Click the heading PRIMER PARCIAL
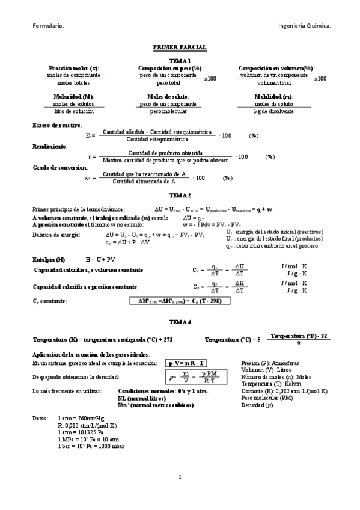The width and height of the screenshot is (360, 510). point(180,46)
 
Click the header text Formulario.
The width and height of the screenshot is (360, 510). point(49,26)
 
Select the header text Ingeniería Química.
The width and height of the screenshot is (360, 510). point(305,26)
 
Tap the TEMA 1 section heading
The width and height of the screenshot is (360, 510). point(180,61)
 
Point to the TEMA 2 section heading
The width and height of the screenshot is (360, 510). point(180,196)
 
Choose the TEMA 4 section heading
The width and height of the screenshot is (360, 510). point(180,322)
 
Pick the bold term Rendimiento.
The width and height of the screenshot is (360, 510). point(50,146)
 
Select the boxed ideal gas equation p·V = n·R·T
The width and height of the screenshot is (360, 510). point(186,363)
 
